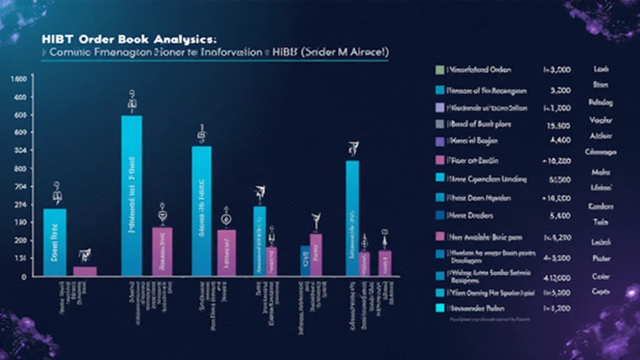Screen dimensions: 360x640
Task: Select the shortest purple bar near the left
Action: [85, 271]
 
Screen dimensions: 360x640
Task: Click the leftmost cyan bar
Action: [54, 242]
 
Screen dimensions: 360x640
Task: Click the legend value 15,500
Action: [559, 124]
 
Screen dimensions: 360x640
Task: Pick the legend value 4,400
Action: [560, 141]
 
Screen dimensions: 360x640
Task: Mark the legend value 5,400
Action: [560, 216]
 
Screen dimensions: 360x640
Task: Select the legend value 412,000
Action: [557, 274]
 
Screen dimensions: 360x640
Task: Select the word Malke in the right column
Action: [600, 172]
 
